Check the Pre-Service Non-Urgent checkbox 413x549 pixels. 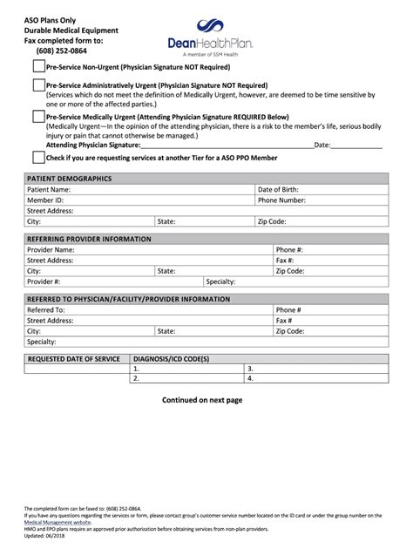click(x=38, y=66)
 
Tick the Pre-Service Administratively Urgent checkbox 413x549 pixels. click(x=38, y=85)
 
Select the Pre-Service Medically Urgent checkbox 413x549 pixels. click(x=38, y=116)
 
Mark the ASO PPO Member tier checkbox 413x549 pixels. click(x=38, y=158)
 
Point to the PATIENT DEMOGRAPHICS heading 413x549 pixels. click(x=69, y=179)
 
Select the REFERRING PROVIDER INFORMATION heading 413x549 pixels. click(x=89, y=239)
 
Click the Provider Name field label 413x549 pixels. click(x=51, y=249)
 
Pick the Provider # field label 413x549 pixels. click(x=44, y=281)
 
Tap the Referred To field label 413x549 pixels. click(x=46, y=309)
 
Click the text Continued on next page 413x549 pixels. click(x=202, y=400)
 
